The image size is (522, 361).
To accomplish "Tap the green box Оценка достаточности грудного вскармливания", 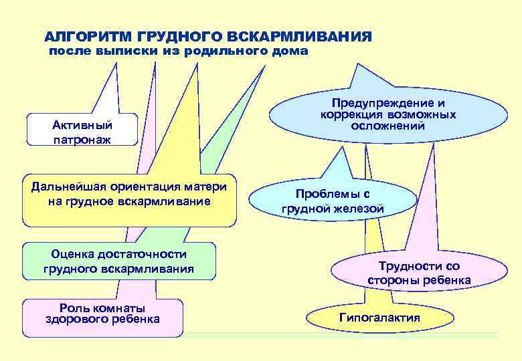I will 118,261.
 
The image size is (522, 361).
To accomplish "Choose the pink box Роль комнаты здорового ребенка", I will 102,316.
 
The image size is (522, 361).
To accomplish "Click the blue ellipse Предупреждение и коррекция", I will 388,114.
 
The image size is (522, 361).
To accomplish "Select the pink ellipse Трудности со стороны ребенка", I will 419,273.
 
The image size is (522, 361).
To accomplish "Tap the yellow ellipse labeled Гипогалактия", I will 379,318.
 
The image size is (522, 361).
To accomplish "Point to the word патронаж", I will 82,140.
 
